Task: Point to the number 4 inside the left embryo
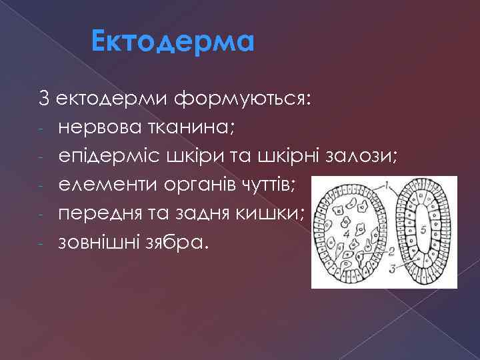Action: coord(346,234)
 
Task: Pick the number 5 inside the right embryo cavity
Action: coord(423,229)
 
